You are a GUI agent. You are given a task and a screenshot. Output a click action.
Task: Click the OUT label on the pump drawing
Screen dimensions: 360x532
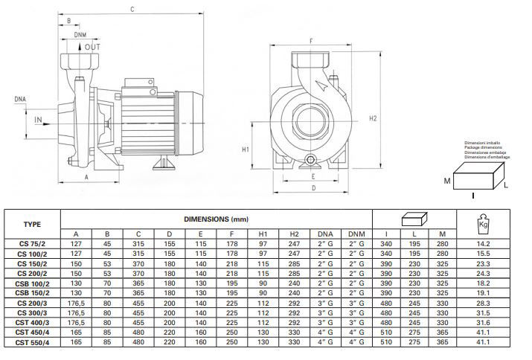92,48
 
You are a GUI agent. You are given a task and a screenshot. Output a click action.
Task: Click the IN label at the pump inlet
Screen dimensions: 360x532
37,118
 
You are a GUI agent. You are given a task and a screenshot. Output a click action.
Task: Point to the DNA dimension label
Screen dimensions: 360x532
20,98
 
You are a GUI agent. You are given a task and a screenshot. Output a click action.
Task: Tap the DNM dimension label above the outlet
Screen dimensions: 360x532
80,35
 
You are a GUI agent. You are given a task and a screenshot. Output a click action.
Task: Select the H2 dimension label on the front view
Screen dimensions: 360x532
374,118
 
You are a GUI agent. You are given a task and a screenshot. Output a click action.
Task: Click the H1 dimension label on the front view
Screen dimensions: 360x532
246,149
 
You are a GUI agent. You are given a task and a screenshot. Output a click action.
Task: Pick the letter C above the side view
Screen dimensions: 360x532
132,10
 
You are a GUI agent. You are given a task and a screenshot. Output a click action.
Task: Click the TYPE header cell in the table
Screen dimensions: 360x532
32,224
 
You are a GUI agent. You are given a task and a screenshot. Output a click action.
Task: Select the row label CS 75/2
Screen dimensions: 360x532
32,244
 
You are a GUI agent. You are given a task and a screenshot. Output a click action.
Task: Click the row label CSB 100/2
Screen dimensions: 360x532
32,284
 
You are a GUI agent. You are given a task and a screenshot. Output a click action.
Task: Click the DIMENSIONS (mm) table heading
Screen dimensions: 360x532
216,219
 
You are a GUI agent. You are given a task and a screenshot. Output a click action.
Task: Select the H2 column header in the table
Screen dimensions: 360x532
294,234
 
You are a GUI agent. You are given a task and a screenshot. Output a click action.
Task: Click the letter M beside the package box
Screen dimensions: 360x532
448,181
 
